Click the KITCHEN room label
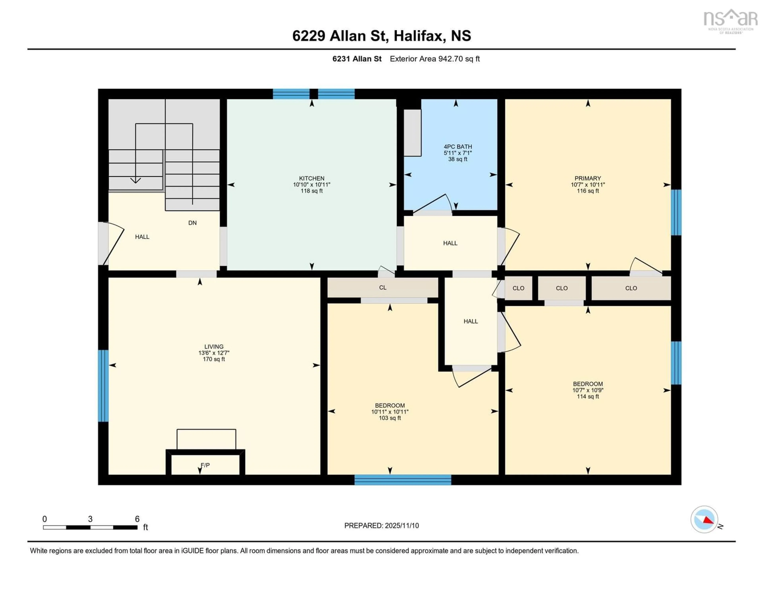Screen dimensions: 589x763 (311, 178)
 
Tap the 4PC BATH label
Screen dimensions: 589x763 (458, 147)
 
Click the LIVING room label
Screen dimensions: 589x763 (214, 347)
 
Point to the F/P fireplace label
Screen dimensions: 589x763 (205, 465)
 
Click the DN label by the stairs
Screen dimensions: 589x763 (193, 223)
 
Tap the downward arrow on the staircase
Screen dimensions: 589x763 (136, 180)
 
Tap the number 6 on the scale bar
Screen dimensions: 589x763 (137, 519)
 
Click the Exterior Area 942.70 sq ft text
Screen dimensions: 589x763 (435, 59)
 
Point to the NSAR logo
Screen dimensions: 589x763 (730, 20)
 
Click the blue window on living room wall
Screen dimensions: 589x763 (103, 386)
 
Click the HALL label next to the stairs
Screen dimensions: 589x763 (142, 237)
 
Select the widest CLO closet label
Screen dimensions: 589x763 (631, 288)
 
